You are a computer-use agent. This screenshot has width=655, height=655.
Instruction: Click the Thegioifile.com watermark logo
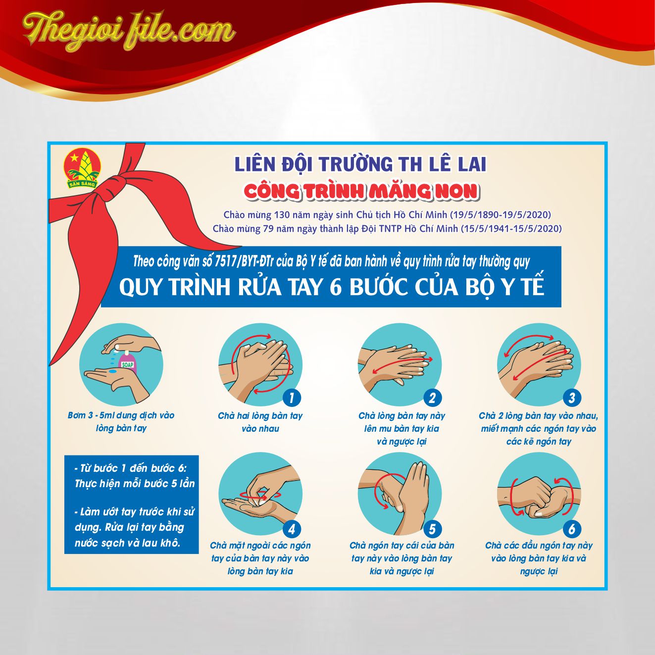129,31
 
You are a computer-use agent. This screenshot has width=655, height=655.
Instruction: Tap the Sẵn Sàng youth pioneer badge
83,169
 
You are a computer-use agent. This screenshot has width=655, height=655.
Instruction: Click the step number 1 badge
292,398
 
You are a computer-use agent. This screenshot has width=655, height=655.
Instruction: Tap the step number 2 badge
432,398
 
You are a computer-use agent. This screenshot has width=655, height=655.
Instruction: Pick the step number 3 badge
572,398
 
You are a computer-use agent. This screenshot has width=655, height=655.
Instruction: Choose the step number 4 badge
292,529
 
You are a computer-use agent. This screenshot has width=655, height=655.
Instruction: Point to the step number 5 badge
432,529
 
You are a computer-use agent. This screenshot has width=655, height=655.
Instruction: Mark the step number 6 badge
572,529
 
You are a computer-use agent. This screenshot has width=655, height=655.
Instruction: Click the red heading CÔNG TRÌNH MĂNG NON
361,191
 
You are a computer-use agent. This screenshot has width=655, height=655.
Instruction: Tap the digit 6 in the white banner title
336,287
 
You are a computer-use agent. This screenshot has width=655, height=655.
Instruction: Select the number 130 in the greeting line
284,215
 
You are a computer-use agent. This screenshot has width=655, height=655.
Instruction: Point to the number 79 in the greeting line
268,229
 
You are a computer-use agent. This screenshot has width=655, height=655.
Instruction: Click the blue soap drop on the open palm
112,371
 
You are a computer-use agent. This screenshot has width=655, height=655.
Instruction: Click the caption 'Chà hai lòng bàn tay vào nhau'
260,422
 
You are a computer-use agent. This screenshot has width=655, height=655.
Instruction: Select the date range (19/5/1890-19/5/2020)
501,215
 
